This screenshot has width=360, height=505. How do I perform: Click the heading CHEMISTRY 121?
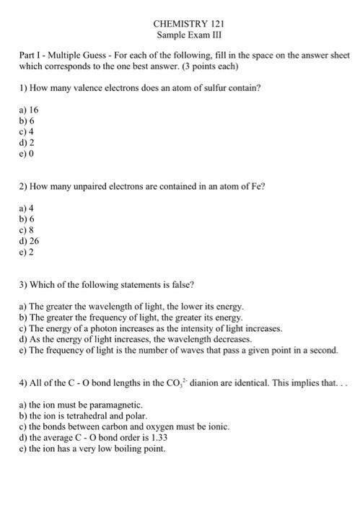(180, 24)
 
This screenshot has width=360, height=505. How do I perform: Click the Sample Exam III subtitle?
(180, 35)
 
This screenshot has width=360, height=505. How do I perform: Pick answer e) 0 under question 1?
(27, 154)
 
